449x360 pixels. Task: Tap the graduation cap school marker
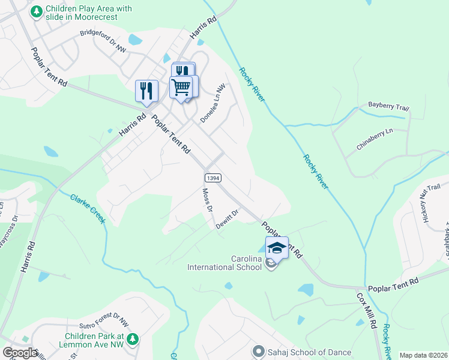[x=277, y=247]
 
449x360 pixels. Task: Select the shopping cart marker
[x=181, y=87]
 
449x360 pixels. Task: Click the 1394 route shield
[x=211, y=178]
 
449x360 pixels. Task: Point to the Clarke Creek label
[x=88, y=209]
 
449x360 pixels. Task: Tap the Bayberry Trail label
[x=388, y=107]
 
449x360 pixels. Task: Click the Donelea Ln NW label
[x=212, y=103]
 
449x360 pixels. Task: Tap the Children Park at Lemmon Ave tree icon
[x=131, y=340]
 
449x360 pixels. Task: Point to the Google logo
[x=20, y=353]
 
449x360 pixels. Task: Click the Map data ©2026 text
[x=424, y=355]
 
